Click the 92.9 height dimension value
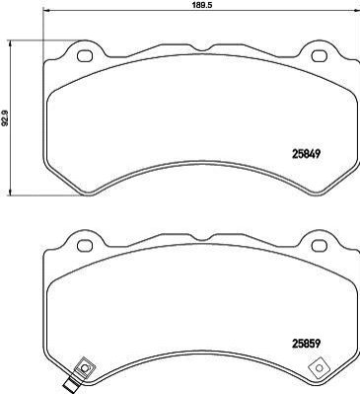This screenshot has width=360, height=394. click(x=5, y=118)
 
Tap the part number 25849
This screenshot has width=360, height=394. click(x=306, y=153)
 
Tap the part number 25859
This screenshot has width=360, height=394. click(x=306, y=344)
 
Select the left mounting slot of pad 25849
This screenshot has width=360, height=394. click(x=85, y=55)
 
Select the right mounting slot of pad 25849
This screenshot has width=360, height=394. click(x=319, y=55)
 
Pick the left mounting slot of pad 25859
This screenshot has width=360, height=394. click(x=85, y=246)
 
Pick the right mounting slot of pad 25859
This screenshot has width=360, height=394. click(x=319, y=246)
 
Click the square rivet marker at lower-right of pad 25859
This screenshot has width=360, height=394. click(x=319, y=368)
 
